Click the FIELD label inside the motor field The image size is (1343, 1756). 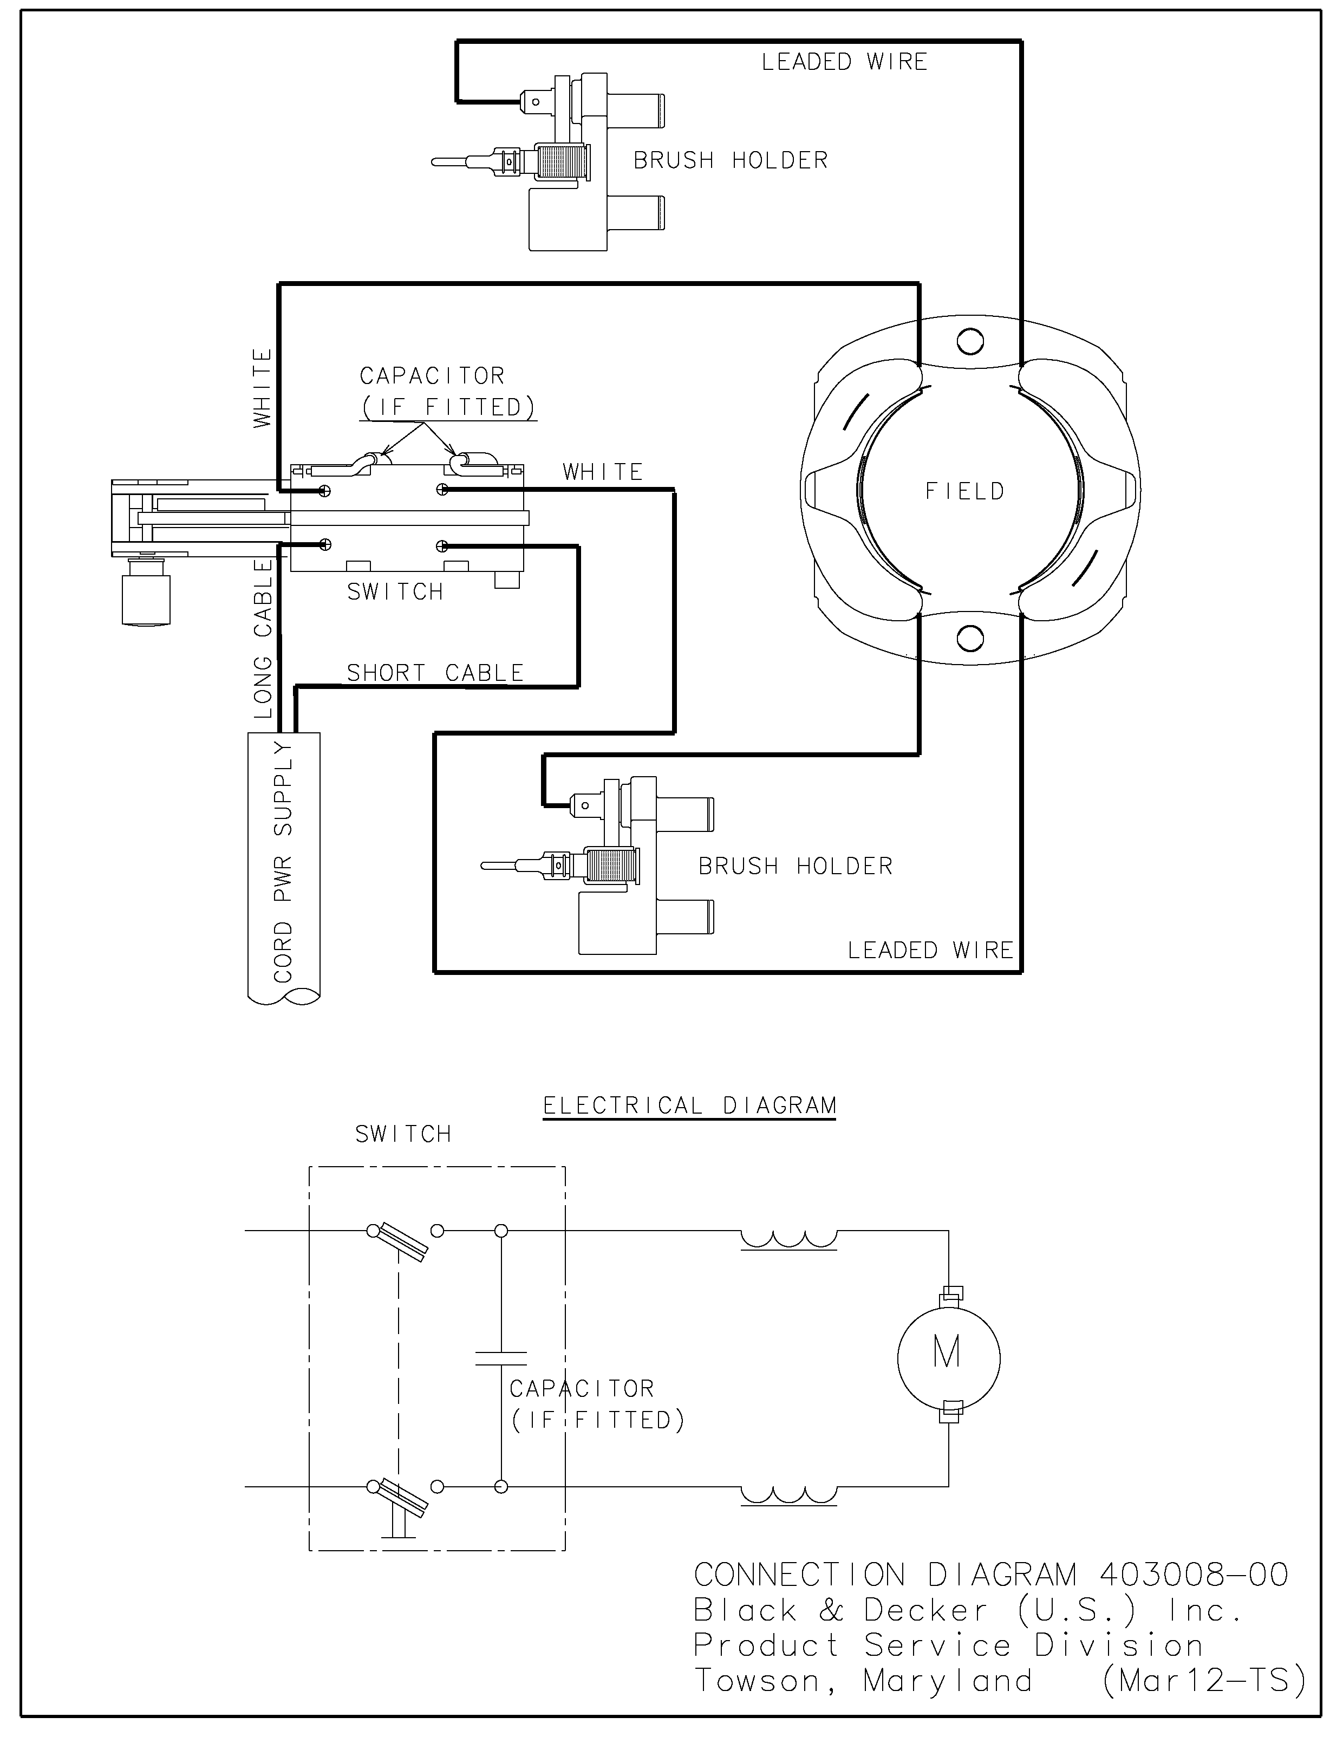[x=964, y=491]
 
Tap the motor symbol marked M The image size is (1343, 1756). [x=947, y=1353]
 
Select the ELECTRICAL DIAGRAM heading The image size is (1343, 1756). [x=689, y=1106]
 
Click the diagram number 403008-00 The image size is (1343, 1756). [x=1194, y=1575]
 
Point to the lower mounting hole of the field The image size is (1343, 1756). [x=970, y=639]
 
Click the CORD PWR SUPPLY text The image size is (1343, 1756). [x=284, y=861]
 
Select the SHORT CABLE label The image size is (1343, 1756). [x=435, y=673]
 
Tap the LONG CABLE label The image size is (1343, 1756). [x=263, y=639]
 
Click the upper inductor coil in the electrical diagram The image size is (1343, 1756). [x=788, y=1239]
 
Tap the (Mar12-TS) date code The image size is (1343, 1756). [x=1204, y=1681]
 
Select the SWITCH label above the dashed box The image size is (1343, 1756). [x=403, y=1134]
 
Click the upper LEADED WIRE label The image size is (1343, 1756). [x=844, y=62]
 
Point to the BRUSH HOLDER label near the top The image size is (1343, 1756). [x=731, y=161]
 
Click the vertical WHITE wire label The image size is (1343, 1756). [x=262, y=388]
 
